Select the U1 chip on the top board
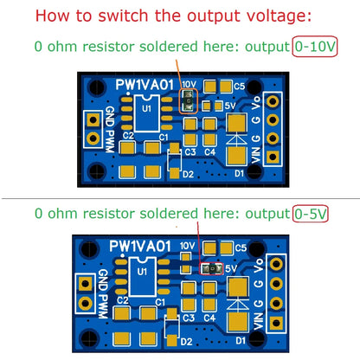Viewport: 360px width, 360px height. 146,112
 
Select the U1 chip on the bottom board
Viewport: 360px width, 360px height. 144,274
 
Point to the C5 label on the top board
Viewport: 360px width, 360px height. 240,86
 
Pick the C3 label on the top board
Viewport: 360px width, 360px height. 190,152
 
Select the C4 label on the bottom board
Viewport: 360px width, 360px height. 209,317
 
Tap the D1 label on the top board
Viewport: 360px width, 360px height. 241,172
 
